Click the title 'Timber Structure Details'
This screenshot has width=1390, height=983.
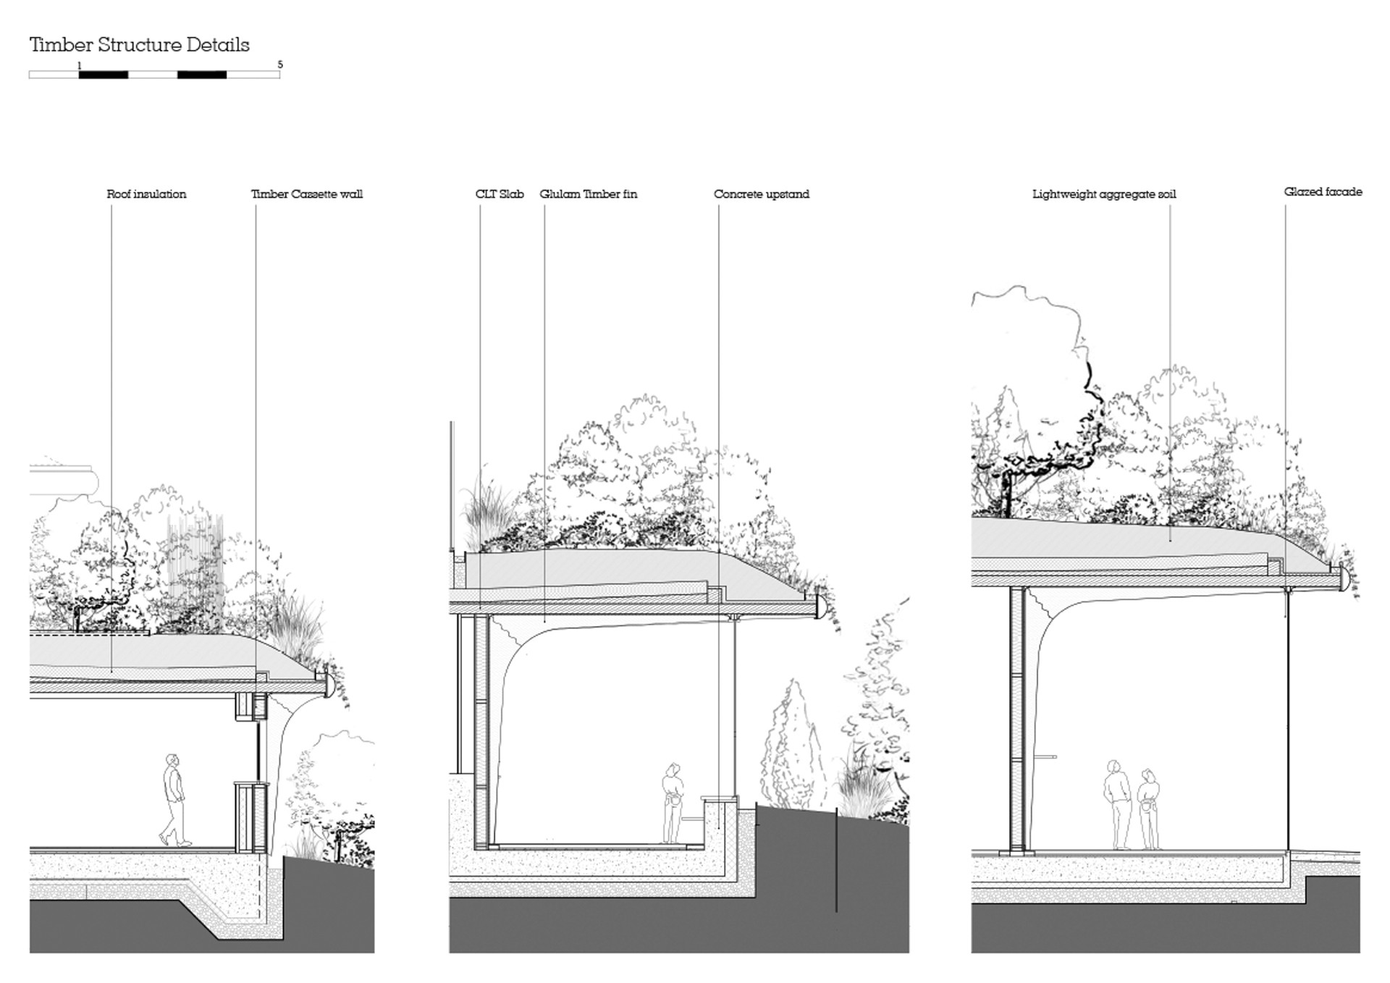click(x=139, y=45)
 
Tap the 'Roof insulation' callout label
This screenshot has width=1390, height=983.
click(x=146, y=194)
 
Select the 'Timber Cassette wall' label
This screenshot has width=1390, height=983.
click(x=307, y=194)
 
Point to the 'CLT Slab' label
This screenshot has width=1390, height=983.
click(x=500, y=194)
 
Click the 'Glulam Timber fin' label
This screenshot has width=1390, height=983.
click(x=589, y=194)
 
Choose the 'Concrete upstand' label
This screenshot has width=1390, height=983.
click(x=762, y=194)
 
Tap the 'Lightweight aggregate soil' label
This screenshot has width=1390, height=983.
click(x=1104, y=195)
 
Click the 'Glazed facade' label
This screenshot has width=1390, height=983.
click(x=1323, y=192)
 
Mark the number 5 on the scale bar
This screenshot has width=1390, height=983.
click(x=280, y=65)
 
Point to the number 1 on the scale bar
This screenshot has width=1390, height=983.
click(x=80, y=65)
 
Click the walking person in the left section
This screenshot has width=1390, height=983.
click(x=174, y=800)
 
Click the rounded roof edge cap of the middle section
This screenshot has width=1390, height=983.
click(x=822, y=607)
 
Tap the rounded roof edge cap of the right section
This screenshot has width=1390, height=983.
click(x=1344, y=578)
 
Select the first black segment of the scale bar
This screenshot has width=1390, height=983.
click(x=104, y=75)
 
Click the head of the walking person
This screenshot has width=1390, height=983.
click(x=172, y=760)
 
